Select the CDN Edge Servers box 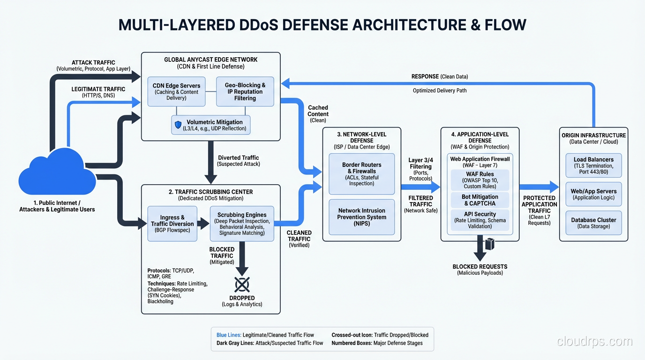176,91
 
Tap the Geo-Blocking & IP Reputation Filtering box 245,91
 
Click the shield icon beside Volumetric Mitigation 178,125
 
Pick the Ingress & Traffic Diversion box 172,224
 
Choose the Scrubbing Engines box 242,224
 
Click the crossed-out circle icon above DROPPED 242,284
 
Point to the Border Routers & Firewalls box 361,174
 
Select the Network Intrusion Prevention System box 361,217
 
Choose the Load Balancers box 593,165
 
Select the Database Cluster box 593,223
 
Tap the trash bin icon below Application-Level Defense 490,244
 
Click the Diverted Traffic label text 238,158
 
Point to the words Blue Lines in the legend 229,335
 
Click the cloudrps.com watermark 594,342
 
